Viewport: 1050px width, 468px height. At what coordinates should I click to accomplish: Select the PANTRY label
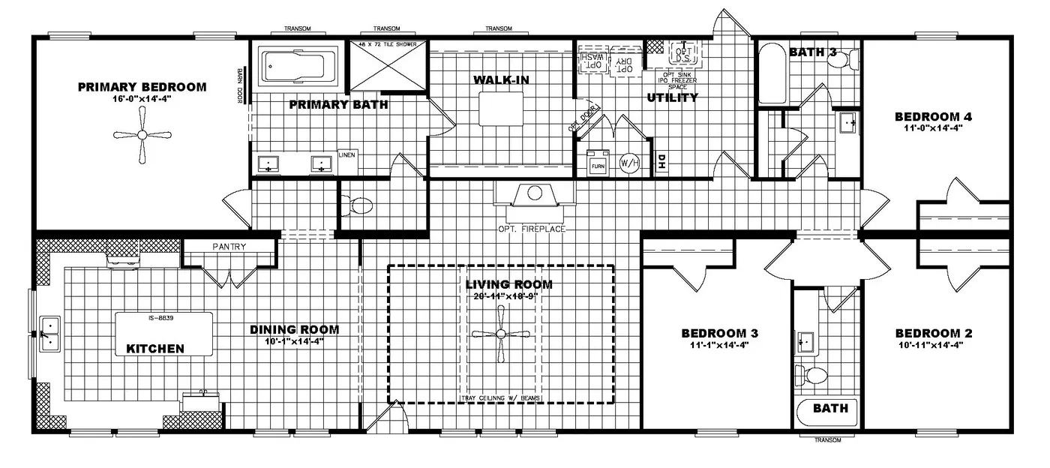pos(229,246)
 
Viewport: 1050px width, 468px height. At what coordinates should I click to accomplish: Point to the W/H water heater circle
pos(628,163)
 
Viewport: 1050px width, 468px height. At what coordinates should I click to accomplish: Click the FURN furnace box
pos(598,163)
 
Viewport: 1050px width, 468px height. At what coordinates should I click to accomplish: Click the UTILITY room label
pos(671,97)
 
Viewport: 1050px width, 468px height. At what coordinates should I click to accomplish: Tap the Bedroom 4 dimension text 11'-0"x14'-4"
pos(933,128)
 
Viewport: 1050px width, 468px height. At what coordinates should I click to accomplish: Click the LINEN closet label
pos(346,154)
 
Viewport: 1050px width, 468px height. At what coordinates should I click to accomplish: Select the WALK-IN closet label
pos(496,79)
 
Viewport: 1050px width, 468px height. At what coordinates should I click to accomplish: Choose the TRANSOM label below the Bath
pos(827,440)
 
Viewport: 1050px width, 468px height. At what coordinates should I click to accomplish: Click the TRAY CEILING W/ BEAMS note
pos(500,397)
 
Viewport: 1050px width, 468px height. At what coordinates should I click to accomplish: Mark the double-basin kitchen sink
pos(49,334)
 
